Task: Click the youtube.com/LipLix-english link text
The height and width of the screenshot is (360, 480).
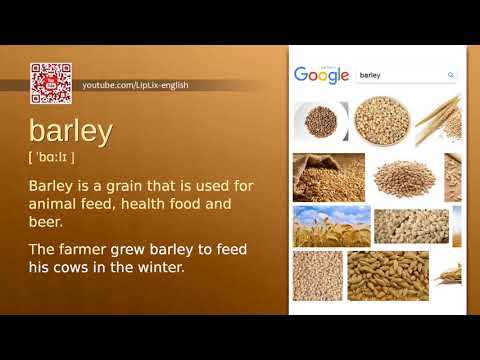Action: tap(135, 85)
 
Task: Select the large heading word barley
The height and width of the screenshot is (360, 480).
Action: tap(71, 131)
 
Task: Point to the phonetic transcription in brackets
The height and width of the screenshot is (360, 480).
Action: tap(52, 157)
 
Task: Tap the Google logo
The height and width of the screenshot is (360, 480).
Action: tap(321, 75)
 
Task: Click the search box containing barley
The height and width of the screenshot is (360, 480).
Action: tap(400, 75)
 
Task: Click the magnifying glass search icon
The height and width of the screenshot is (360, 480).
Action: tap(451, 75)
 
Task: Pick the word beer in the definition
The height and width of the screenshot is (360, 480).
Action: tap(45, 222)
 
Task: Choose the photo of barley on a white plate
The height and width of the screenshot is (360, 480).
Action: tap(321, 121)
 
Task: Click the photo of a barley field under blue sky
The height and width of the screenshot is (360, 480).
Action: tap(331, 225)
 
